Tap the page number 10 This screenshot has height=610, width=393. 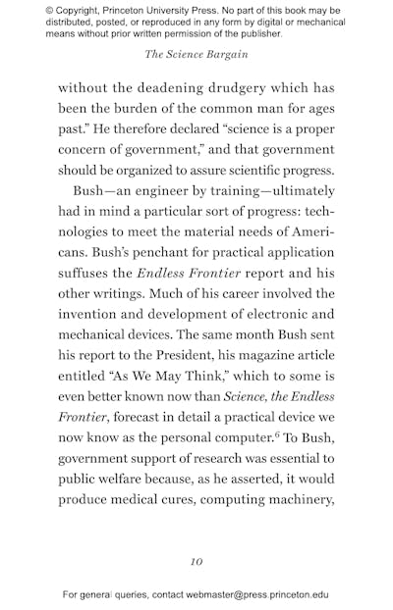(x=196, y=562)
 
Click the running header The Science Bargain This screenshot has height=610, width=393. (x=196, y=54)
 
